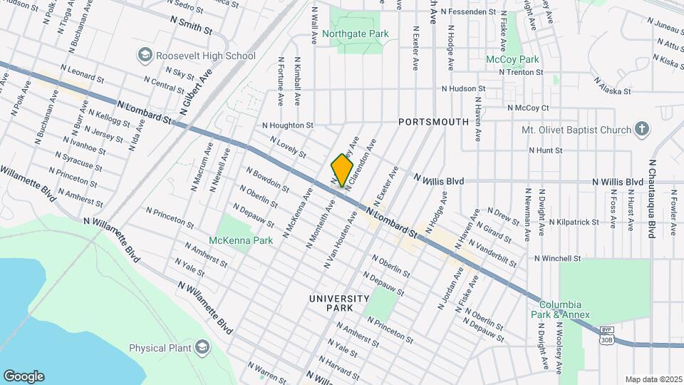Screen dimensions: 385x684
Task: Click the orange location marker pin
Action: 342,170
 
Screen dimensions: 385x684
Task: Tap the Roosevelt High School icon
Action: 145,55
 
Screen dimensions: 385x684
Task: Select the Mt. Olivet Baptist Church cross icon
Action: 642,129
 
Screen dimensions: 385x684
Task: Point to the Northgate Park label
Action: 355,34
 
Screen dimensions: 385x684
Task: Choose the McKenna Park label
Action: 241,241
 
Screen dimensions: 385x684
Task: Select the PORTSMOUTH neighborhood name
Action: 433,122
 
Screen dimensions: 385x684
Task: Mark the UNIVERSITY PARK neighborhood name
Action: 339,303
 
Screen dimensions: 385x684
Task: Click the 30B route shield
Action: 606,339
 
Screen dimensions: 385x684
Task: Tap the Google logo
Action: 24,376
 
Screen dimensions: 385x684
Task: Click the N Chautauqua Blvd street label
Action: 652,198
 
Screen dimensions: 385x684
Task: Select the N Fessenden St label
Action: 468,12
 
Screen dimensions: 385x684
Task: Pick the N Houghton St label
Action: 288,125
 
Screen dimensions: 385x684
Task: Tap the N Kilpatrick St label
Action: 574,222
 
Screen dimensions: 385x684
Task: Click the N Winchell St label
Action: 558,258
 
